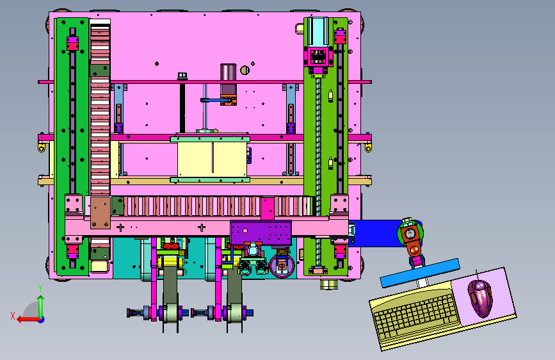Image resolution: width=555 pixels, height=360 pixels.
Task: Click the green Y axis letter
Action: coord(40,288)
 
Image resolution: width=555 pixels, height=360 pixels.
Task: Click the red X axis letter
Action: coord(13,316)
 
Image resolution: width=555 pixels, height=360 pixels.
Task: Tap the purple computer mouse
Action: coord(480,298)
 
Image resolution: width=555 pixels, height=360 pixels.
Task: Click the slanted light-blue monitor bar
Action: coord(420,272)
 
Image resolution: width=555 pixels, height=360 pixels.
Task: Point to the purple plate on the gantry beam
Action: coord(261,233)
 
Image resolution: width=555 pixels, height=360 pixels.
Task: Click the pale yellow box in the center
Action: coord(212,158)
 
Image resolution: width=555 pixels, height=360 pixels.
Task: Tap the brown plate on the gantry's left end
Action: coord(101,213)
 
